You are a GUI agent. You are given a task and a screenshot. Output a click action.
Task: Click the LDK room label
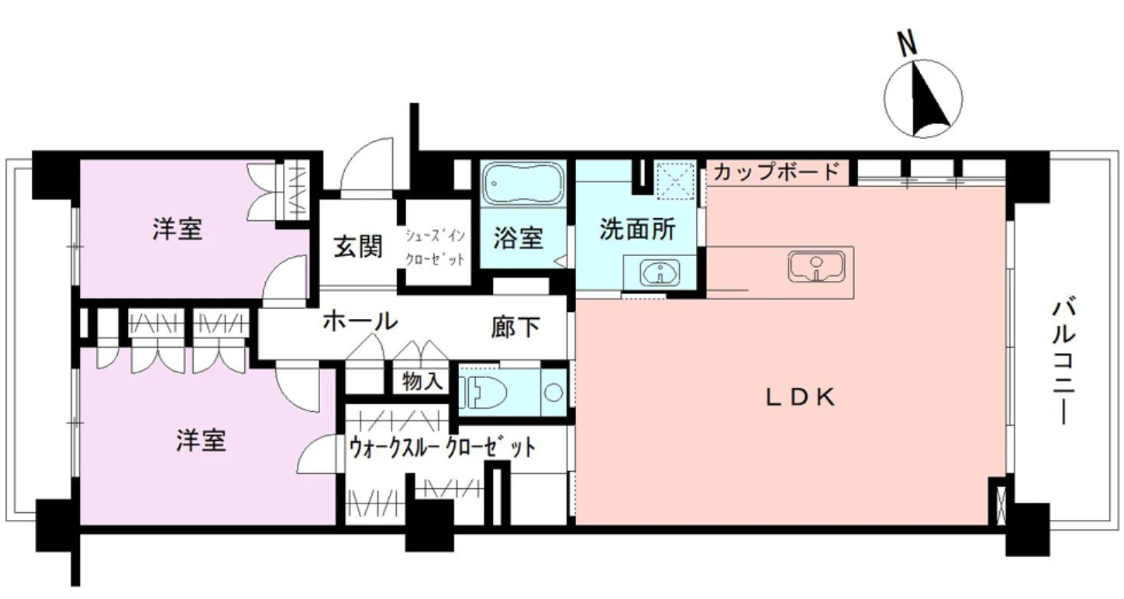[x=800, y=398]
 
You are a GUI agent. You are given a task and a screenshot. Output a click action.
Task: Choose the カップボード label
[x=776, y=171]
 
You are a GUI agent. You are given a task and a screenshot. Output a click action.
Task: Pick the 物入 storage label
[x=422, y=381]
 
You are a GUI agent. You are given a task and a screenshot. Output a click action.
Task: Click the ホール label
[x=360, y=320]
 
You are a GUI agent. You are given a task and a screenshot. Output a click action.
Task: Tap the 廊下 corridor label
[x=515, y=327]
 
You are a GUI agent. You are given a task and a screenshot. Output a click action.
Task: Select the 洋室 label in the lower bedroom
[x=200, y=441]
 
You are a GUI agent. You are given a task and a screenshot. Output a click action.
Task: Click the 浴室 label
[x=518, y=238]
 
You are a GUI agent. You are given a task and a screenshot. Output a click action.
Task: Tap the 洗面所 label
[x=637, y=230]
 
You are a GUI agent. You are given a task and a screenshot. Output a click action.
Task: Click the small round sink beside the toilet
[x=553, y=392]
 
